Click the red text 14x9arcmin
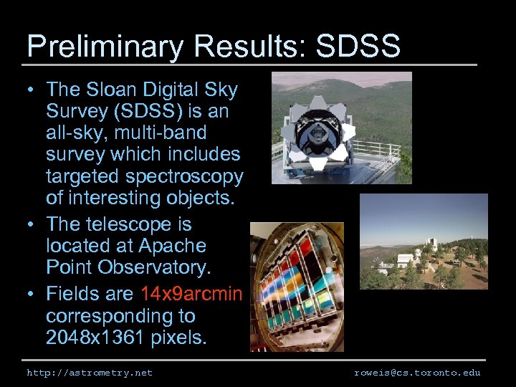point(191,294)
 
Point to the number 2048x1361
point(95,338)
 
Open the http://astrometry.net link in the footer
point(90,373)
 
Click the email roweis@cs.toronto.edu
point(417,373)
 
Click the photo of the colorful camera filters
point(297,287)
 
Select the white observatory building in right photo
point(405,258)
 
